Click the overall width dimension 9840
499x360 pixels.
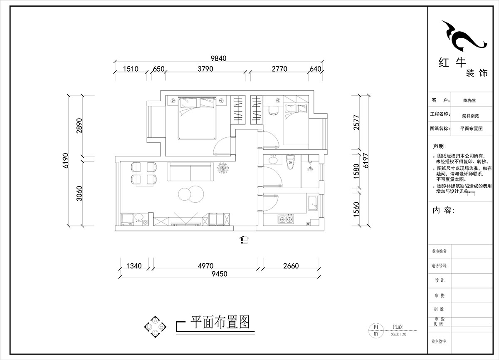pyautogui.click(x=218, y=59)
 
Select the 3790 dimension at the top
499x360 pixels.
pyautogui.click(x=205, y=69)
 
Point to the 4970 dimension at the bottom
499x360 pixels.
pyautogui.click(x=205, y=266)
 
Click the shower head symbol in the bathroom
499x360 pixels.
pyautogui.click(x=310, y=168)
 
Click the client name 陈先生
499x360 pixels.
pyautogui.click(x=469, y=100)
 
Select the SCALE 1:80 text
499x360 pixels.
pyautogui.click(x=398, y=334)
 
